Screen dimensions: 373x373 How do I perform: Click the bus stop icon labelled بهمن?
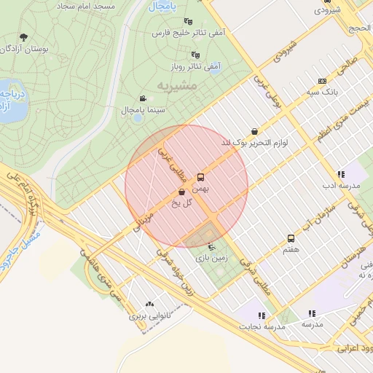pyautogui.click(x=201, y=176)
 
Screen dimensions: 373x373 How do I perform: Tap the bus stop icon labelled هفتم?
pyautogui.click(x=291, y=238)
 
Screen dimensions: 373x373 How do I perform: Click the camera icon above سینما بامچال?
pyautogui.click(x=143, y=98)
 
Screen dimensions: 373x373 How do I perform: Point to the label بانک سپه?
pyautogui.click(x=321, y=93)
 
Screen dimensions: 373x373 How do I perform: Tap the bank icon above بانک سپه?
pyautogui.click(x=322, y=82)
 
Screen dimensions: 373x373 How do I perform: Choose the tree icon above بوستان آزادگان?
pyautogui.click(x=23, y=37)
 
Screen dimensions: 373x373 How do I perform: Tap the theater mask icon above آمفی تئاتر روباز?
pyautogui.click(x=195, y=54)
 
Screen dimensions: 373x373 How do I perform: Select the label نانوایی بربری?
pyautogui.click(x=149, y=317)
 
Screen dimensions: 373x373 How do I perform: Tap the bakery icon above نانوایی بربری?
pyautogui.click(x=150, y=305)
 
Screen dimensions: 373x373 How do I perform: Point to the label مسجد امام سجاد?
pyautogui.click(x=81, y=5)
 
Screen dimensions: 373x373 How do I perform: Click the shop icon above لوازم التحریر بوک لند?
pyautogui.click(x=253, y=131)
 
